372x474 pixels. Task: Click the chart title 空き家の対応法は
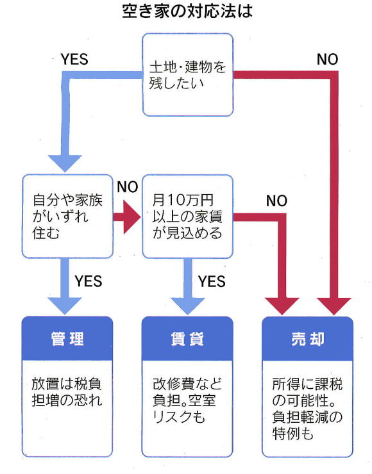click(187, 12)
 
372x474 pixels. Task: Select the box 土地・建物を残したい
click(188, 75)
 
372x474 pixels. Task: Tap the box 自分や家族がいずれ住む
click(67, 216)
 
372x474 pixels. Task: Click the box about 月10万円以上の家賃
click(188, 216)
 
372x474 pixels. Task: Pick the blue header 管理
click(67, 339)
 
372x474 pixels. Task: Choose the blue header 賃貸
click(187, 339)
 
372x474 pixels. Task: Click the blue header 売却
click(307, 339)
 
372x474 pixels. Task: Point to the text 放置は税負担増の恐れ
click(67, 392)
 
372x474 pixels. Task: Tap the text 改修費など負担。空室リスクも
click(187, 400)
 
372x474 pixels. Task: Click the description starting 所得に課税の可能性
click(307, 409)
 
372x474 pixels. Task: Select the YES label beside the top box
click(74, 59)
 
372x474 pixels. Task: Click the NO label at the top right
click(328, 59)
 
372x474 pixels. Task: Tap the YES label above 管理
click(89, 281)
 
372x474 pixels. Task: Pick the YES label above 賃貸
click(212, 281)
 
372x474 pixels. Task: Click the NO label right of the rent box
click(276, 200)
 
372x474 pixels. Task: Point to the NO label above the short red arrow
click(128, 187)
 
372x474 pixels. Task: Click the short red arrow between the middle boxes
click(127, 217)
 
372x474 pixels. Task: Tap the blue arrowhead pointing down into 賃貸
click(188, 306)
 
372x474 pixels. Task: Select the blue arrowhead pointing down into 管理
click(65, 306)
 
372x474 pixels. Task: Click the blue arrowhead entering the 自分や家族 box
click(65, 163)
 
